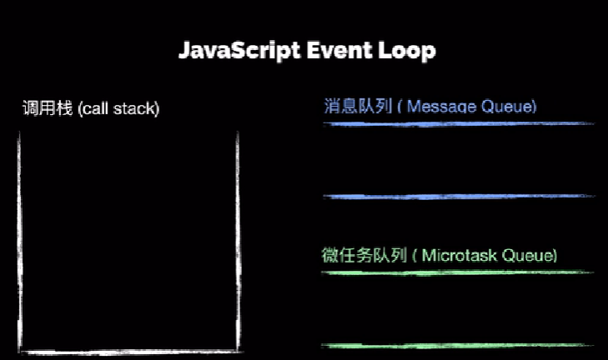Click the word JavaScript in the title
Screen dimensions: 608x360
(239, 51)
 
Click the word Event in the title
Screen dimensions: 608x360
(339, 50)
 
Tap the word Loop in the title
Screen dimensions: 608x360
(407, 51)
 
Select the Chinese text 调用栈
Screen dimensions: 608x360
(48, 107)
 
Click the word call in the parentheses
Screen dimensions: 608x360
(94, 108)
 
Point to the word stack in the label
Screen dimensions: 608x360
(134, 108)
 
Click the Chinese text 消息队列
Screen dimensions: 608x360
(358, 106)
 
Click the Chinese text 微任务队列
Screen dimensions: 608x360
(364, 255)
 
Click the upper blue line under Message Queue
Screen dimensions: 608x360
(459, 124)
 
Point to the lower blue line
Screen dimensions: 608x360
(459, 197)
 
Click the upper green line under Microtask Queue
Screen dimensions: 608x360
(458, 272)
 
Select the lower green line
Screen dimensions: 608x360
(458, 345)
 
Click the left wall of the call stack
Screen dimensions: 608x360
(19, 242)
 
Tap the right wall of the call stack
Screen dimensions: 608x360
(238, 242)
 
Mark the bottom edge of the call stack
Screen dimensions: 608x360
(130, 352)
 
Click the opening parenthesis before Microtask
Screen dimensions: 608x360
(415, 256)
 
